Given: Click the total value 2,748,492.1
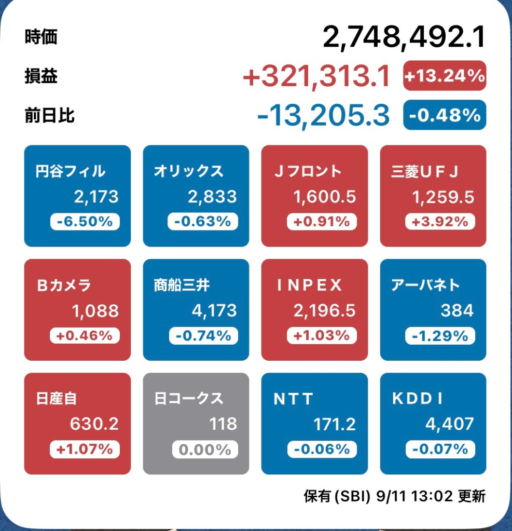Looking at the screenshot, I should point(404,37).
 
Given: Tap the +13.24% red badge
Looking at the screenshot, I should point(445,76).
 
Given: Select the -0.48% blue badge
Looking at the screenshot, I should point(445,115).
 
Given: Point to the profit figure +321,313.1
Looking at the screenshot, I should point(316,77).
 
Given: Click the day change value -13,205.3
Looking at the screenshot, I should point(323,115).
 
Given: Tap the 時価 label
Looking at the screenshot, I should point(41,37).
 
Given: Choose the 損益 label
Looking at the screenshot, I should point(41,76).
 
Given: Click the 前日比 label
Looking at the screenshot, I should point(49,115).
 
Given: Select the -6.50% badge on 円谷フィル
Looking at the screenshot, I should point(85,222).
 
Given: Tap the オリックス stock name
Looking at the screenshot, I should point(188,171).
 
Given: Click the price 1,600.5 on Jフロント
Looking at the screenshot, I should point(324,197).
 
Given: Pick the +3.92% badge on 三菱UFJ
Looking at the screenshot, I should point(440,222).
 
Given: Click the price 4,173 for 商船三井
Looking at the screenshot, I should point(214,310).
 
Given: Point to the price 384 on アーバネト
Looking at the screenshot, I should point(457,310).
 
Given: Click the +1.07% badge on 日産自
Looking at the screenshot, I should point(85,449).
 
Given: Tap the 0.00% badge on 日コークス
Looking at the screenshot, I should point(203,449).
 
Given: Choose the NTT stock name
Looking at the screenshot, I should point(294,399).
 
